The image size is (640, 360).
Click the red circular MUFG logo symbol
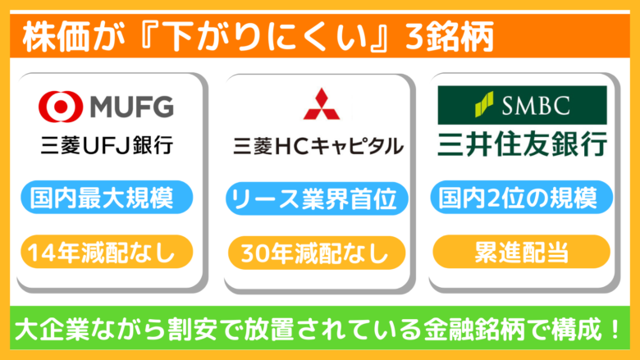pyautogui.click(x=61, y=107)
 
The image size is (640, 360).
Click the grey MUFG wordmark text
pyautogui.click(x=132, y=107)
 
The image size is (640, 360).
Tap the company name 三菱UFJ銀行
pyautogui.click(x=107, y=145)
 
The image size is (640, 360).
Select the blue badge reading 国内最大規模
pyautogui.click(x=107, y=198)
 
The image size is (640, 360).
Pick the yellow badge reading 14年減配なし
pyautogui.click(x=107, y=252)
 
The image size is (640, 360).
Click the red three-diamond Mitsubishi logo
pyautogui.click(x=321, y=103)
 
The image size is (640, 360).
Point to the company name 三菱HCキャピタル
pyautogui.click(x=318, y=146)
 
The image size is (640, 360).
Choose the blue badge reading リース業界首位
pyautogui.click(x=317, y=198)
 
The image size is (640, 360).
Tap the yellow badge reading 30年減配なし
pyautogui.click(x=317, y=253)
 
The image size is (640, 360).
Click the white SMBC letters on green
pyautogui.click(x=536, y=106)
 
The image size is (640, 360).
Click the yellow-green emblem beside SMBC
pyautogui.click(x=484, y=104)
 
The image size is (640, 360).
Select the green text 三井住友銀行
pyautogui.click(x=522, y=144)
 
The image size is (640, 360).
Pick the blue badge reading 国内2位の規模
pyautogui.click(x=522, y=198)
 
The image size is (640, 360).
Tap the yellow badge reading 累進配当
pyautogui.click(x=522, y=252)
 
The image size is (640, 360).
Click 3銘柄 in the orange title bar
pyautogui.click(x=450, y=37)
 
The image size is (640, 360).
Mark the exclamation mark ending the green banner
pyautogui.click(x=616, y=329)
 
